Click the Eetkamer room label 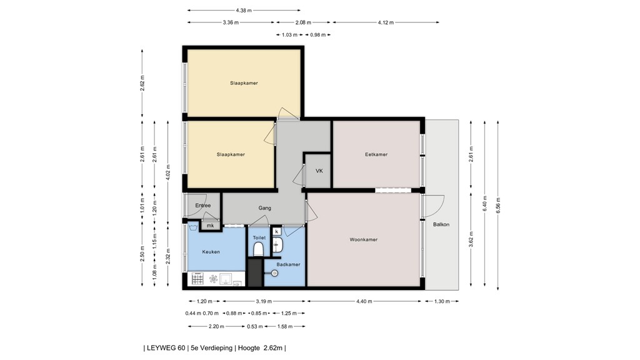(376, 154)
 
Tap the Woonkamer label (363, 239)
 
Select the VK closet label (319, 171)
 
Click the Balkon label (441, 224)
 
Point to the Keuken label (211, 252)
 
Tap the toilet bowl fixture (258, 250)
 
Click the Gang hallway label (265, 208)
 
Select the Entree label (202, 206)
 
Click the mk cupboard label (211, 226)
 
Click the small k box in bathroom (276, 231)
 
